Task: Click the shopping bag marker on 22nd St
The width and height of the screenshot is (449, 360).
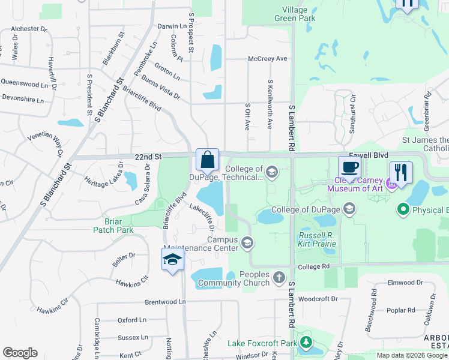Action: [207, 160]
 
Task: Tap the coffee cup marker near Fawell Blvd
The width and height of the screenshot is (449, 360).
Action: [349, 167]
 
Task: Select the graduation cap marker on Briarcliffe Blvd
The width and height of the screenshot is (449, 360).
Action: [172, 260]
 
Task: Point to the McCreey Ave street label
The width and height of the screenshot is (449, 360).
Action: [268, 59]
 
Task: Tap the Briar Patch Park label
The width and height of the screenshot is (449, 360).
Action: [113, 225]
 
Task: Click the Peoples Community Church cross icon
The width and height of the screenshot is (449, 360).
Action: [279, 277]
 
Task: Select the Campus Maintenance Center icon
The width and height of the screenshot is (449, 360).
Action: [247, 243]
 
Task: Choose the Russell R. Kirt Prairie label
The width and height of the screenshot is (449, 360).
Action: [318, 239]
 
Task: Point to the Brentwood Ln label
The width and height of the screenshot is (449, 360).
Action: [165, 302]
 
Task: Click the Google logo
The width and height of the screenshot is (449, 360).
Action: [20, 353]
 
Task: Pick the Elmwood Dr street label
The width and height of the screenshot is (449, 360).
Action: [406, 283]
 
